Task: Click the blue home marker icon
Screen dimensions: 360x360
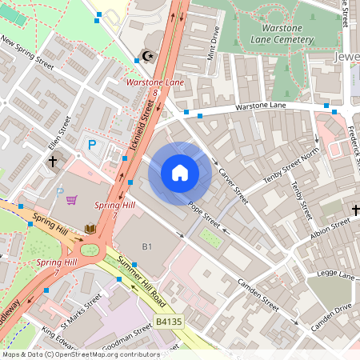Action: pyautogui.click(x=180, y=173)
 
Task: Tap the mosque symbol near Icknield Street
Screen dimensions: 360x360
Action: pyautogui.click(x=146, y=55)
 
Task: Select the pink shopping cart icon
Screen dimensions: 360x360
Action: pyautogui.click(x=72, y=200)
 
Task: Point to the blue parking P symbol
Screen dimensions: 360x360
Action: pyautogui.click(x=92, y=144)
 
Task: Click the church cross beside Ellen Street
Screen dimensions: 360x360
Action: pyautogui.click(x=53, y=162)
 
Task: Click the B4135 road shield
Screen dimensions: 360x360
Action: pyautogui.click(x=169, y=322)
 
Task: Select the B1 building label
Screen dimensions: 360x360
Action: pyautogui.click(x=146, y=245)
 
